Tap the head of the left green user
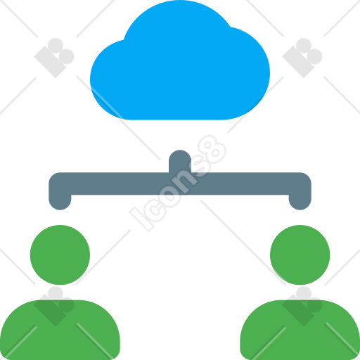tap(60, 255)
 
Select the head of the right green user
tap(300, 255)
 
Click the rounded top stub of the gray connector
tap(180, 160)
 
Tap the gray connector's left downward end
tap(60, 202)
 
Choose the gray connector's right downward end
tap(300, 202)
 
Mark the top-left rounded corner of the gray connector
tap(53, 176)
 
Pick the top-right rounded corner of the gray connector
tap(307, 176)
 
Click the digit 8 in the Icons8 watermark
tap(212, 150)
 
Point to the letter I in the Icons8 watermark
tap(141, 219)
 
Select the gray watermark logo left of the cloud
tap(54, 58)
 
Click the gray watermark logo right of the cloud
tap(302, 58)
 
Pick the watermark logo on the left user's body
tap(54, 306)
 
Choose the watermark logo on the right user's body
tap(302, 306)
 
